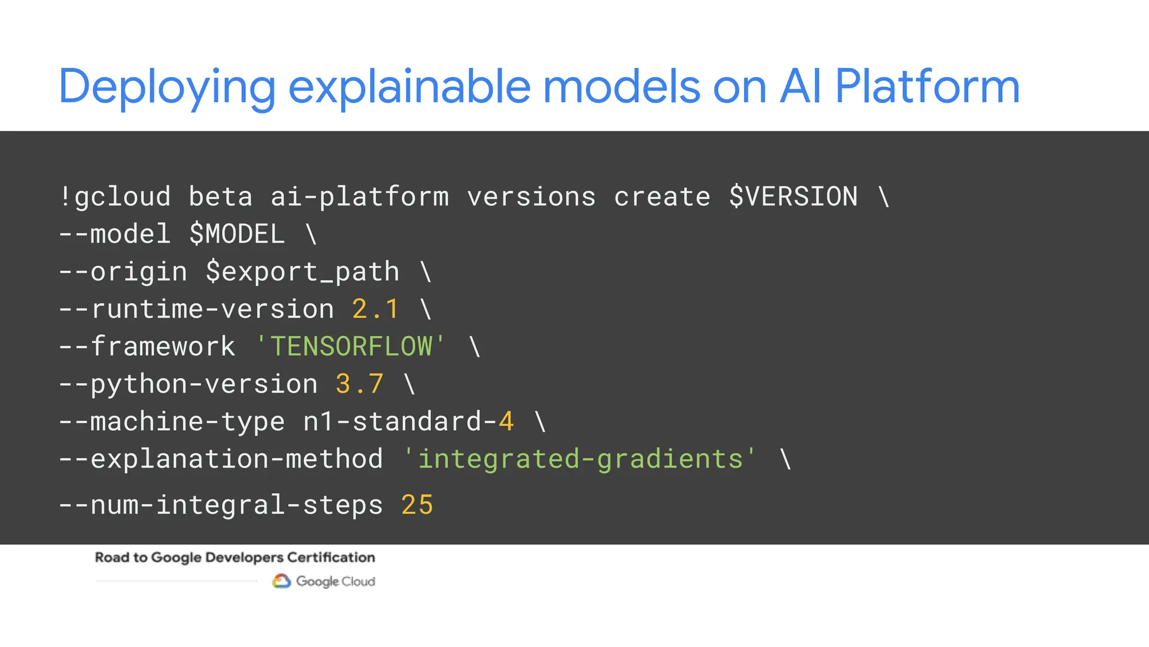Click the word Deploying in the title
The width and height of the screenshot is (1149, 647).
pyautogui.click(x=167, y=87)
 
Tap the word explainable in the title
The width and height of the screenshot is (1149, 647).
pyautogui.click(x=409, y=87)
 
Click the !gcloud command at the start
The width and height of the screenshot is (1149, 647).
pyautogui.click(x=115, y=197)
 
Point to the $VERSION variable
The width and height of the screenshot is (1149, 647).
pyautogui.click(x=793, y=197)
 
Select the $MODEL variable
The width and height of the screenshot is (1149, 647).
pyautogui.click(x=237, y=234)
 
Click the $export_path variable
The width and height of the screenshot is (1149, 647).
pyautogui.click(x=302, y=272)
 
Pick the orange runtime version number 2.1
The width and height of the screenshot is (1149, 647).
pyautogui.click(x=375, y=309)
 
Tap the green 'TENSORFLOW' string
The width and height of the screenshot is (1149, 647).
pyautogui.click(x=351, y=346)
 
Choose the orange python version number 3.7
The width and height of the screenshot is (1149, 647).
pyautogui.click(x=359, y=384)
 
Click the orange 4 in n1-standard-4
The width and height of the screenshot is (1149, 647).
pyautogui.click(x=506, y=421)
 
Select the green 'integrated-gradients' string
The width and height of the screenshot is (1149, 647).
pyautogui.click(x=580, y=459)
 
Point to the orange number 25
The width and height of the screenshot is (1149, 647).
pyautogui.click(x=417, y=505)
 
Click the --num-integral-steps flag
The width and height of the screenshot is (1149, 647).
pyautogui.click(x=221, y=505)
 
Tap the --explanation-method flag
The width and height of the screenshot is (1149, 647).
pyautogui.click(x=221, y=459)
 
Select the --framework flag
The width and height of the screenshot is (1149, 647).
pyautogui.click(x=147, y=346)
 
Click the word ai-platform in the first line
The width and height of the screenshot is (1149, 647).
pyautogui.click(x=360, y=197)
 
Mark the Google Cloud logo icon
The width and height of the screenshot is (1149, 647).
pyautogui.click(x=282, y=581)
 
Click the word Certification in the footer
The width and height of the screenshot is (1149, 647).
pyautogui.click(x=331, y=557)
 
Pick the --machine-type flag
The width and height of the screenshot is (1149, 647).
pyautogui.click(x=172, y=421)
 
